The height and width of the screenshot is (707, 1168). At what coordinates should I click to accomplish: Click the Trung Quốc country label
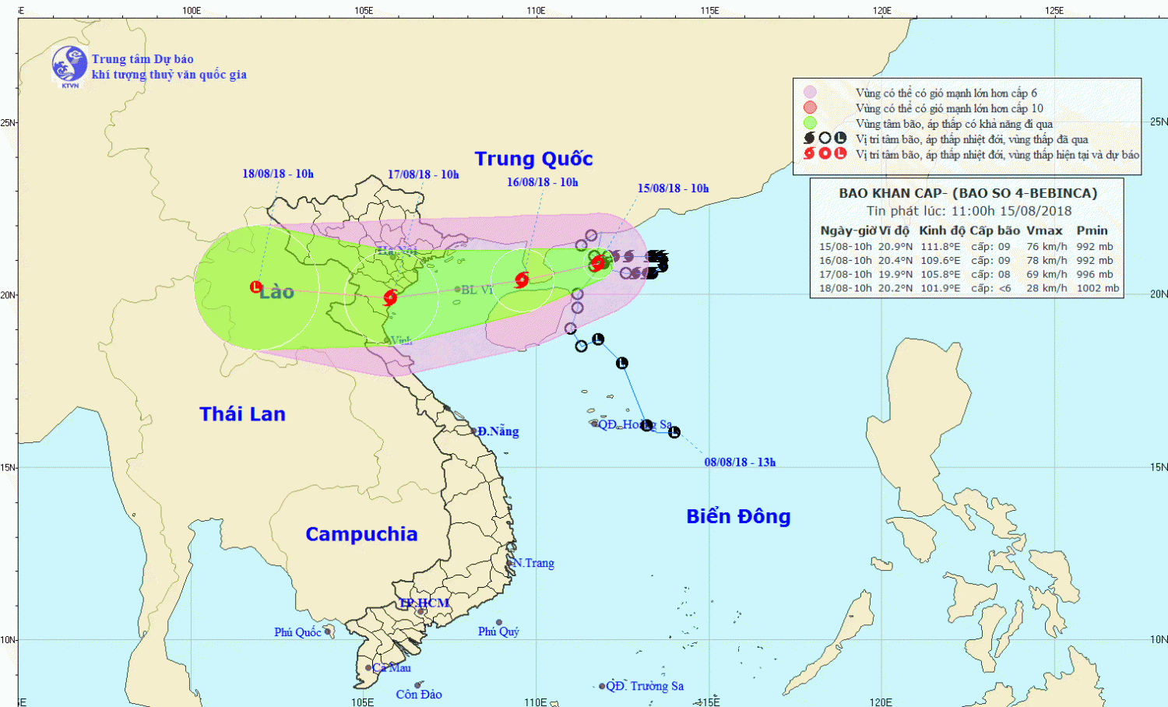pos(533,159)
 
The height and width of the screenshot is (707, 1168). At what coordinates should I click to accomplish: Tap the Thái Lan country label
pos(242,414)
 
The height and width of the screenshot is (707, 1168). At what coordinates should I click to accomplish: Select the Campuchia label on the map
pos(361,534)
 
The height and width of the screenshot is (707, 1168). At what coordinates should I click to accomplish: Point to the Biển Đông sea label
pos(738,516)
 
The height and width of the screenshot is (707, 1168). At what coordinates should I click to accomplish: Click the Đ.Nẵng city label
pos(498,431)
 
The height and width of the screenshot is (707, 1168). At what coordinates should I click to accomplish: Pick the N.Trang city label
pos(533,563)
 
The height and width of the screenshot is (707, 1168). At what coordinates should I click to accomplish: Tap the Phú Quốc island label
pos(297,632)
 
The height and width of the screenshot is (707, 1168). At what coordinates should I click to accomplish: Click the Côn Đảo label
pos(418,695)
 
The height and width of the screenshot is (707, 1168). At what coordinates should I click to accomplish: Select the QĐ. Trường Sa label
pos(645,686)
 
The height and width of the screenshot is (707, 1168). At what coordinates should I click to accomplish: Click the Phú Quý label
pos(498,631)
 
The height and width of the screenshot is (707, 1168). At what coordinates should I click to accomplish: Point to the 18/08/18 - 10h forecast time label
pos(278,174)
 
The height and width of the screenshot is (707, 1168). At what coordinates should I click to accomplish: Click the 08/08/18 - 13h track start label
pos(740,463)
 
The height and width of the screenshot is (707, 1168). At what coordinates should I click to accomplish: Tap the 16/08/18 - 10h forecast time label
pos(542,182)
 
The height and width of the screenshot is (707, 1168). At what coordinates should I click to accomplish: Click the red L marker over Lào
pos(255,287)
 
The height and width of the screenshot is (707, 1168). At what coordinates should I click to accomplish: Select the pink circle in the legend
pos(810,93)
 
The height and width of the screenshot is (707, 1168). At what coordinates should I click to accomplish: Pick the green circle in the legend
pos(810,123)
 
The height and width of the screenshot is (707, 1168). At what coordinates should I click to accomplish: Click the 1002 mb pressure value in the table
pos(1098,288)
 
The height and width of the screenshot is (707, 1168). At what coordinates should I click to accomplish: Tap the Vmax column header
pos(1044,230)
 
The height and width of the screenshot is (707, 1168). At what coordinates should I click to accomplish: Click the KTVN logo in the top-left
pos(69,65)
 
